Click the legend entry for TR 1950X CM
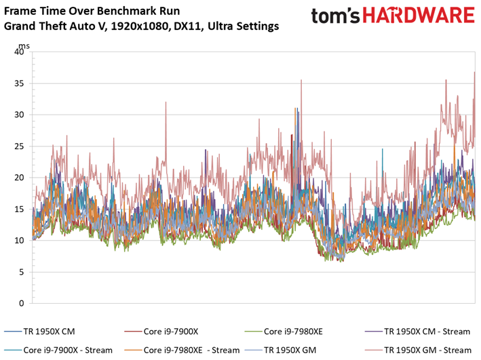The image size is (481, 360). [39, 332]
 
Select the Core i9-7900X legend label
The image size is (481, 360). [161, 332]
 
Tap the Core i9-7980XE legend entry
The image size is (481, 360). [284, 332]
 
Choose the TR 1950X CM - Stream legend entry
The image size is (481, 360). [417, 332]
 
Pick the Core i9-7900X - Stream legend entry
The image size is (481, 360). [58, 350]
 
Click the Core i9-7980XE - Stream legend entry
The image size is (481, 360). [182, 350]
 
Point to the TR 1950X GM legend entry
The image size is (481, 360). [280, 350]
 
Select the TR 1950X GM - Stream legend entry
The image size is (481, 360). [418, 350]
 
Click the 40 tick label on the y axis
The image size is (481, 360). [19, 52]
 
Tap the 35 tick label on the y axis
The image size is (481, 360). [19, 83]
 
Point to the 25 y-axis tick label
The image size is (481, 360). [19, 146]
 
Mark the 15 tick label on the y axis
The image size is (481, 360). [19, 209]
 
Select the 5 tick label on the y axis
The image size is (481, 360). [21, 272]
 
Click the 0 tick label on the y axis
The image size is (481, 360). [21, 303]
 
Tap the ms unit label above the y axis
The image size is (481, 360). [24, 46]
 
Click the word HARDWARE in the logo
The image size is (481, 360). [419, 16]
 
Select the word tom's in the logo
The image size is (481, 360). [335, 16]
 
